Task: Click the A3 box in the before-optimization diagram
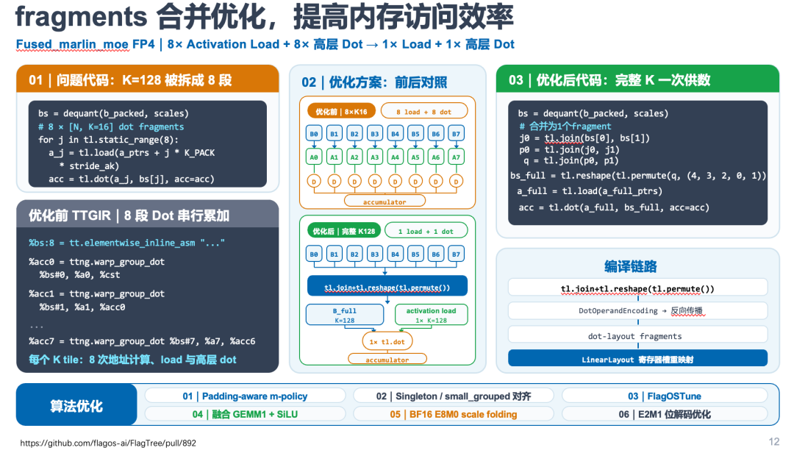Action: click(375, 157)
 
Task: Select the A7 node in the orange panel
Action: click(457, 157)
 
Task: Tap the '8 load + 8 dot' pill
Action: click(424, 112)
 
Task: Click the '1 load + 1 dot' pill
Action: click(426, 231)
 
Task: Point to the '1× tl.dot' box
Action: click(387, 341)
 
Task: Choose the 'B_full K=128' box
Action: click(344, 315)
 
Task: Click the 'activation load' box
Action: click(431, 315)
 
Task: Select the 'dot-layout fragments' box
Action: click(637, 336)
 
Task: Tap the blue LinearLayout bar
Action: click(637, 359)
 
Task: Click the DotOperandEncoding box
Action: click(637, 310)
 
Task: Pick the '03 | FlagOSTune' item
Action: click(665, 396)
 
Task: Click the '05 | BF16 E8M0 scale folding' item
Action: click(454, 415)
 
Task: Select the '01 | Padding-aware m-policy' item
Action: click(245, 396)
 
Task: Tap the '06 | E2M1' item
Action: click(665, 415)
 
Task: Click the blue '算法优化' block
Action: click(76, 405)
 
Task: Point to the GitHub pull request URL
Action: click(108, 443)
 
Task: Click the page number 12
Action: click(773, 442)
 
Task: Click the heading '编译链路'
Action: click(631, 266)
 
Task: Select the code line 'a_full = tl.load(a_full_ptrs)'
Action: click(590, 191)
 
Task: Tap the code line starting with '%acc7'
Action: click(142, 341)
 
